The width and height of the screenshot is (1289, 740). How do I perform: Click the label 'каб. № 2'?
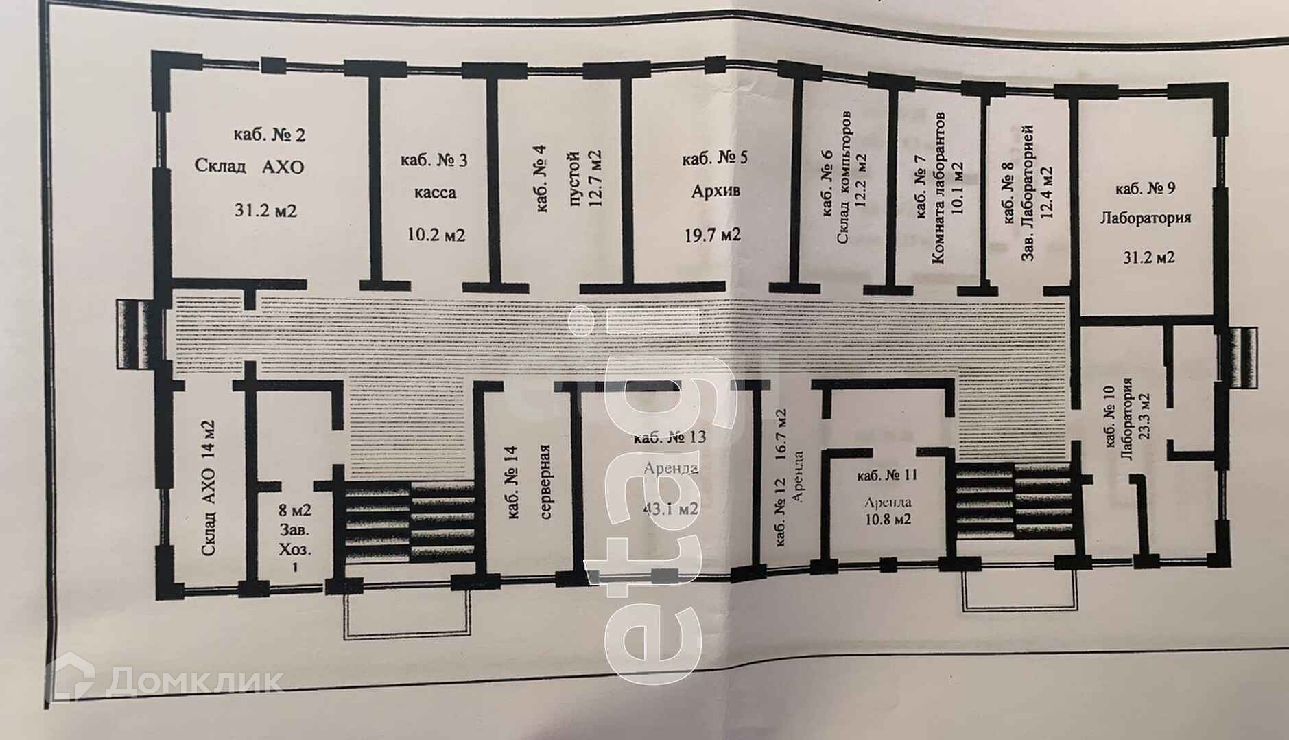click(x=270, y=135)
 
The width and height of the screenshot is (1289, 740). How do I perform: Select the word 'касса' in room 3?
click(x=434, y=193)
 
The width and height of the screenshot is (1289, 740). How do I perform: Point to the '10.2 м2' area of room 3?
click(x=436, y=235)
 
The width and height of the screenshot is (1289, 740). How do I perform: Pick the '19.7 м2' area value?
click(x=713, y=235)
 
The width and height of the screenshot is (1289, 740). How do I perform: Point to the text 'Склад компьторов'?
click(x=844, y=177)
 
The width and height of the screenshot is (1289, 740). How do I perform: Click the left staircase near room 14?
click(x=409, y=522)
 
